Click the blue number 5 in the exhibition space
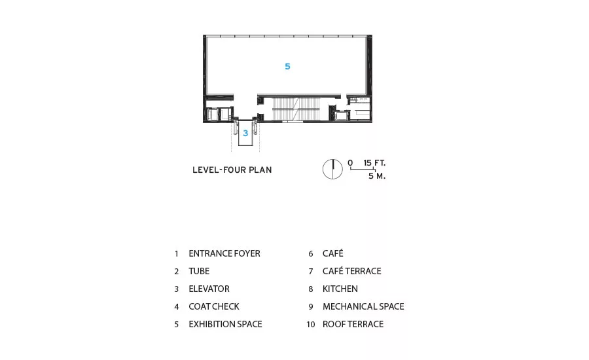[287, 67]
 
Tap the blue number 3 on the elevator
[245, 133]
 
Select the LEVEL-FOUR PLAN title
[232, 170]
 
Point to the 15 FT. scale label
[374, 163]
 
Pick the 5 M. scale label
[377, 176]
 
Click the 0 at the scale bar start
[350, 163]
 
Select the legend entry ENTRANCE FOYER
[224, 254]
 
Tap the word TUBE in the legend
[199, 272]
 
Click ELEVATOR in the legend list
[209, 289]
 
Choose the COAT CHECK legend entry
[214, 306]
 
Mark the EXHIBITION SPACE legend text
[225, 324]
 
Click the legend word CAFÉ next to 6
[333, 254]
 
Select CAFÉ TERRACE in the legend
[351, 272]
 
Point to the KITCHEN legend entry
[340, 289]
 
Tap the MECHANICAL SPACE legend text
[363, 306]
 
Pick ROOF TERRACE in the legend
[353, 324]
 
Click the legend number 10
[311, 324]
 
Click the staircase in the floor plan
[295, 109]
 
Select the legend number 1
[177, 254]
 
